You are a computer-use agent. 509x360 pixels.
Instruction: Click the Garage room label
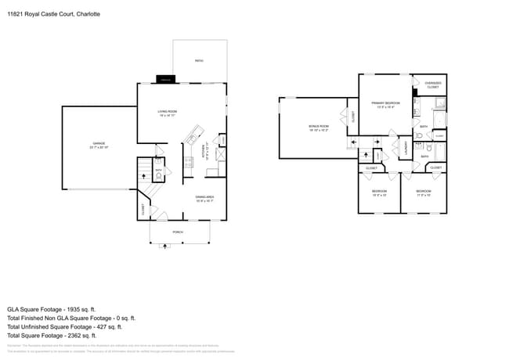pyautogui.click(x=99, y=144)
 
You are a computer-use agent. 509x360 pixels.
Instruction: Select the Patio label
pyautogui.click(x=199, y=60)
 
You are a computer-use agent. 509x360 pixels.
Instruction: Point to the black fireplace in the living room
pyautogui.click(x=166, y=79)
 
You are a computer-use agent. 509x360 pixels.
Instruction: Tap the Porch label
pyautogui.click(x=179, y=232)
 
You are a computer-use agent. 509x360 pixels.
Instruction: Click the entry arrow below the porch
pyautogui.click(x=164, y=247)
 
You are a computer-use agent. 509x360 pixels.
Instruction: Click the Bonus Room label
pyautogui.click(x=319, y=127)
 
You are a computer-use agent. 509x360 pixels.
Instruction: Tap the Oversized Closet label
pyautogui.click(x=432, y=85)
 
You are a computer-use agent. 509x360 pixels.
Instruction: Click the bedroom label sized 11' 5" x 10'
pyautogui.click(x=423, y=193)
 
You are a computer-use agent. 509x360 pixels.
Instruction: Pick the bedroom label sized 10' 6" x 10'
pyautogui.click(x=379, y=193)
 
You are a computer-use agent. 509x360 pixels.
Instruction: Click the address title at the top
pyautogui.click(x=49, y=14)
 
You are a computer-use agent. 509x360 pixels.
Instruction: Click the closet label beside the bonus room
pyautogui.click(x=353, y=117)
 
